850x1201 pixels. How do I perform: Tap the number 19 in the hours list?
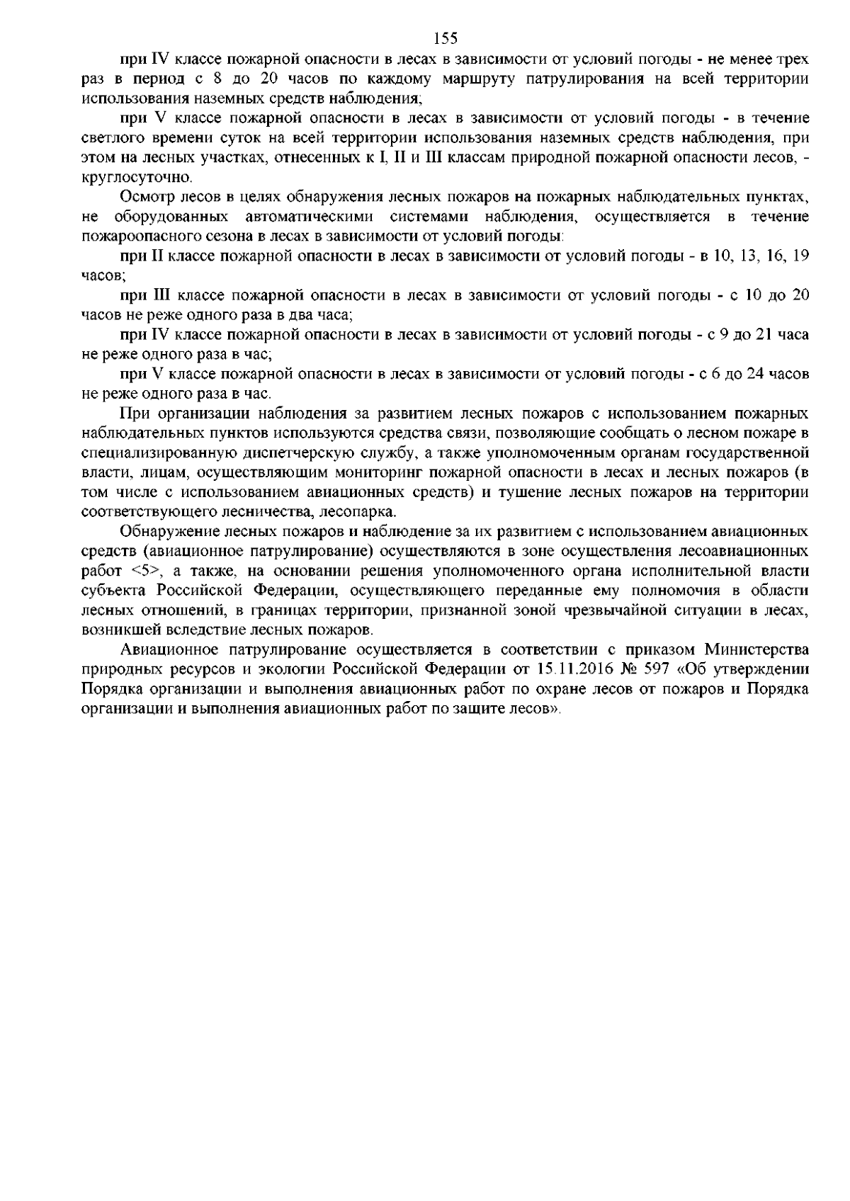[800, 254]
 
